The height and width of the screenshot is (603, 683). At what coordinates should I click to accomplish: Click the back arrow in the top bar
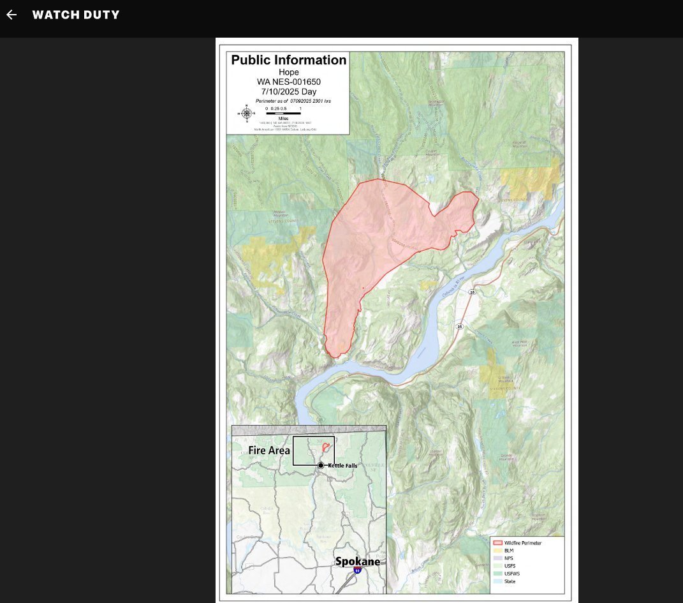click(11, 15)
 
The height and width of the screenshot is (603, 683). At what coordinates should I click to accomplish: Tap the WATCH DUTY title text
click(76, 15)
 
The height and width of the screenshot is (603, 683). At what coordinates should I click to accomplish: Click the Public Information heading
click(288, 61)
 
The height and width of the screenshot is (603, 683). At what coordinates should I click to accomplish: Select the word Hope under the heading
click(288, 73)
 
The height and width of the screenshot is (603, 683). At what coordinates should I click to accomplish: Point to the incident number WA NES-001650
click(288, 82)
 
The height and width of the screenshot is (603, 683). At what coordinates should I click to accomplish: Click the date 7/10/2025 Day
click(288, 91)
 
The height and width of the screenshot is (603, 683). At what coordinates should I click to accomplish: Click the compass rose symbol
click(247, 114)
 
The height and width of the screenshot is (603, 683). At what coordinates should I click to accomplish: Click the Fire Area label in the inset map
click(269, 450)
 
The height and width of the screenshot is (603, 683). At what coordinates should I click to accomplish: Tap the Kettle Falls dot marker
click(321, 466)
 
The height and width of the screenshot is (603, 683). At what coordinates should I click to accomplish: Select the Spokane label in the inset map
click(358, 562)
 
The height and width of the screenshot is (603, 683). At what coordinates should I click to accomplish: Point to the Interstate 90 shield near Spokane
click(358, 570)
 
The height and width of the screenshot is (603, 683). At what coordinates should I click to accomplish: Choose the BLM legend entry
click(508, 551)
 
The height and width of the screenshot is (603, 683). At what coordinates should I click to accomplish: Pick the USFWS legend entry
click(511, 574)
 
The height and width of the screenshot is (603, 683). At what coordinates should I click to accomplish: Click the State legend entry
click(510, 581)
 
